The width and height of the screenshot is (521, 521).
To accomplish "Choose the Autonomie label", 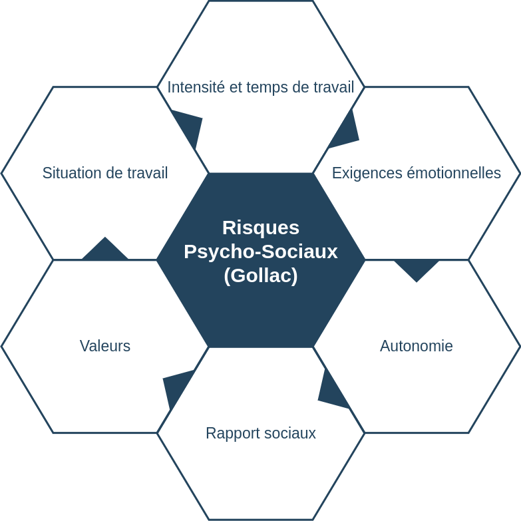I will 417,346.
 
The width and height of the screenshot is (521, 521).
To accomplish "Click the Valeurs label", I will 105,346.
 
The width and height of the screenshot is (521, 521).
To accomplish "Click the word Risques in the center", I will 261,228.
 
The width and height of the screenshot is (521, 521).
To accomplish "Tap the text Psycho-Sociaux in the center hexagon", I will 261,252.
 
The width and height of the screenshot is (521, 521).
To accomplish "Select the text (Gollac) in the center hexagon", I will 261,275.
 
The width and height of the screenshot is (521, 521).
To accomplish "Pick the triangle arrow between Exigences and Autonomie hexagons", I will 417,267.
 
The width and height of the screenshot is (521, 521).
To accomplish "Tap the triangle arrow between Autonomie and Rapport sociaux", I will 330,393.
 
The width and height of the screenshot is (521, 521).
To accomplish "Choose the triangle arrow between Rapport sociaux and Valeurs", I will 176,385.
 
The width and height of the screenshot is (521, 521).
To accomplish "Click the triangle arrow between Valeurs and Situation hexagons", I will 105,250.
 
